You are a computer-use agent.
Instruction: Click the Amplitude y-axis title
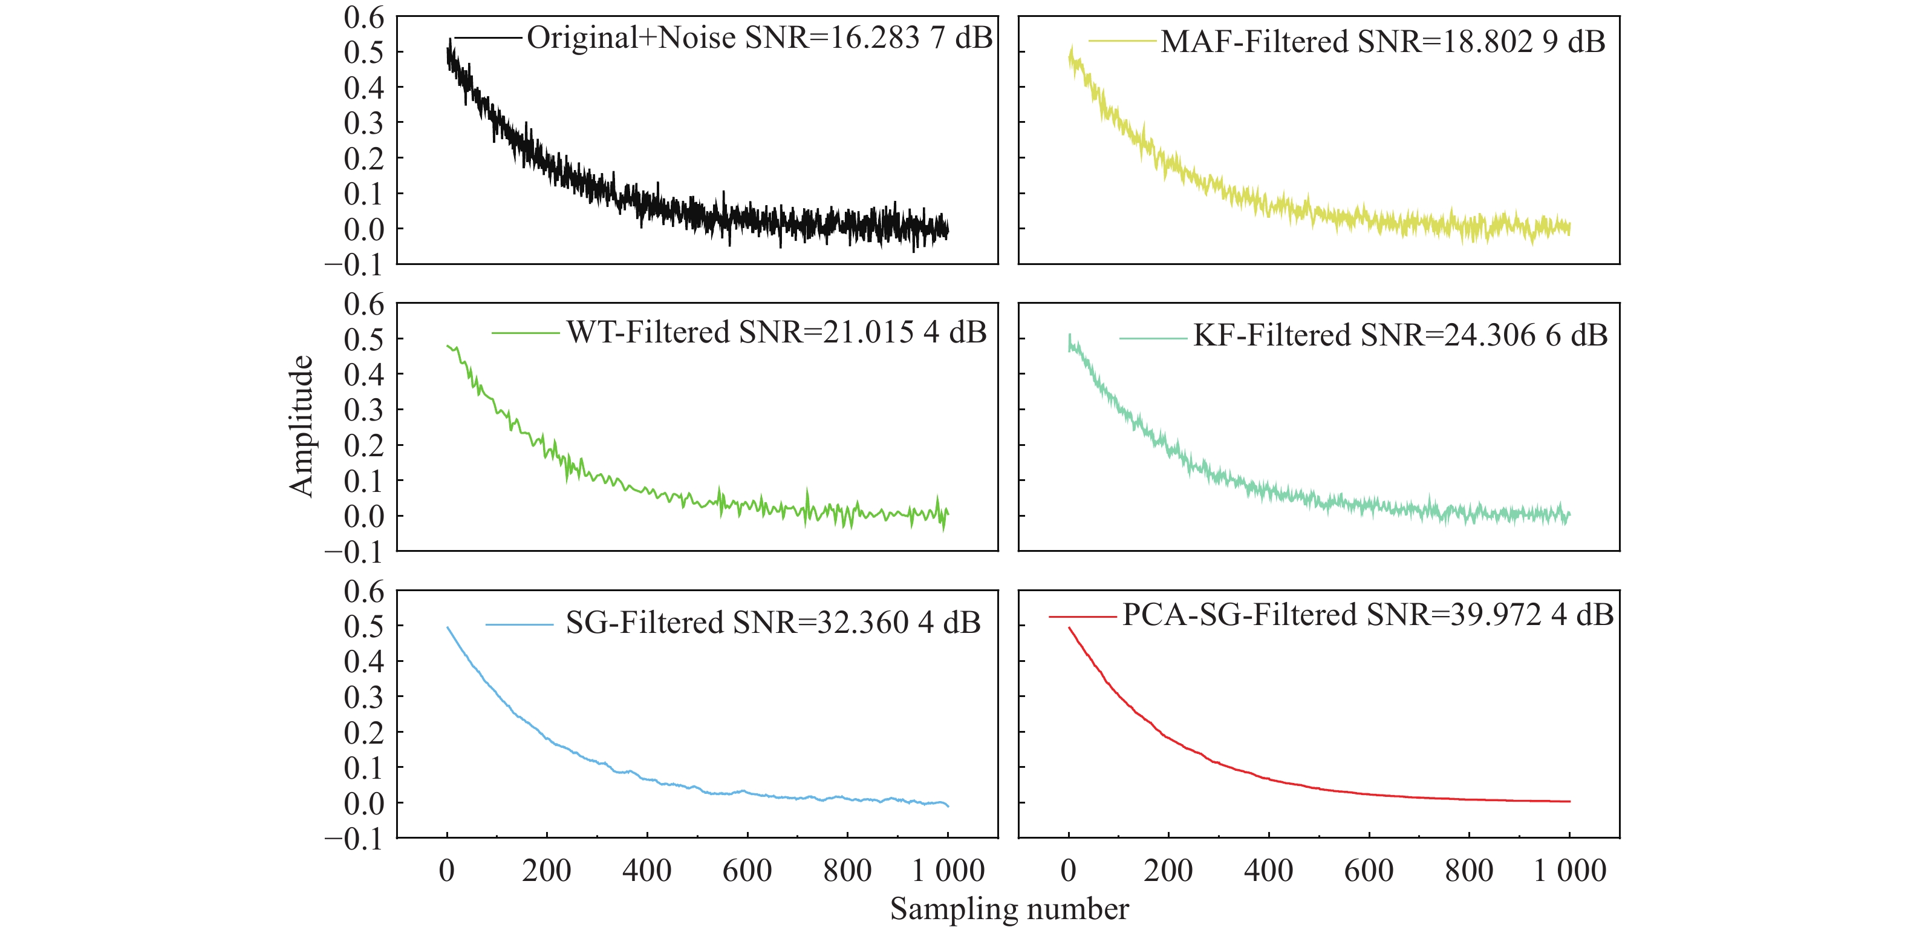301,425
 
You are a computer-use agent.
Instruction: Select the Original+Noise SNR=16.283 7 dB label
759,38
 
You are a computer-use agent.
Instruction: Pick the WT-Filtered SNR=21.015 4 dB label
776,332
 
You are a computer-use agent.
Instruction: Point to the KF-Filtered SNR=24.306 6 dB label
1400,335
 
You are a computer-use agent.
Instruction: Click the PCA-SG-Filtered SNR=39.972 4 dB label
1367,615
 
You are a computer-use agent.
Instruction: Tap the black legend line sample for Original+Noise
488,38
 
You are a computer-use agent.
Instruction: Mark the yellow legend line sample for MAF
1122,41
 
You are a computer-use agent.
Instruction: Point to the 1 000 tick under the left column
948,871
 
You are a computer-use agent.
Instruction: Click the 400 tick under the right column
1268,871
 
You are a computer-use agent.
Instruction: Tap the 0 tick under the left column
447,871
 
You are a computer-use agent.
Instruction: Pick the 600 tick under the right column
1369,871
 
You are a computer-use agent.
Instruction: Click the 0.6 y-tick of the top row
364,17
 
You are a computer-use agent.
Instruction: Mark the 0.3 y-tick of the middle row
364,410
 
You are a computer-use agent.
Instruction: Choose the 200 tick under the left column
547,871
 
